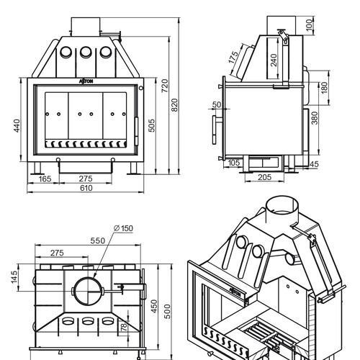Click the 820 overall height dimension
174,105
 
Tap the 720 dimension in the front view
165,86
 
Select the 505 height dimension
152,125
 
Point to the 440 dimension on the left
17,125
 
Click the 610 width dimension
86,188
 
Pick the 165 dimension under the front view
45,179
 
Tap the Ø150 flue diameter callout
123,228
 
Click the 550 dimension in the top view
98,240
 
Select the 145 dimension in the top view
14,277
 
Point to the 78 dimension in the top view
124,327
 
